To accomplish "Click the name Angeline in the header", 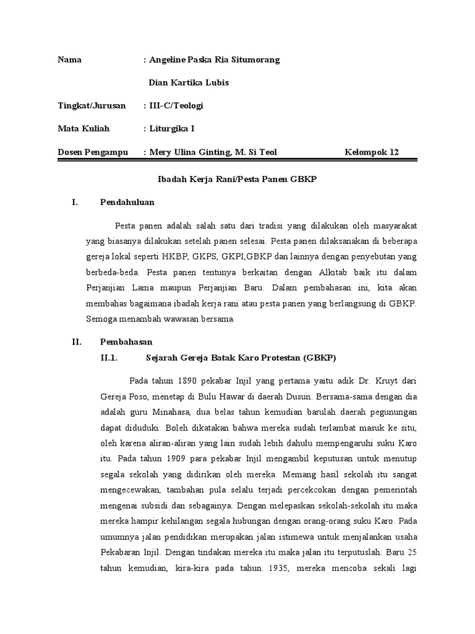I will click(x=168, y=60).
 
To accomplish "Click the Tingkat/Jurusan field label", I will click(x=92, y=106).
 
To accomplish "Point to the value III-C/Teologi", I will click(x=176, y=106).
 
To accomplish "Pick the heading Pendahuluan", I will click(x=127, y=202).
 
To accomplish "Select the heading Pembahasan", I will click(x=126, y=342).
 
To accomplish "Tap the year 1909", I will click(x=177, y=461).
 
